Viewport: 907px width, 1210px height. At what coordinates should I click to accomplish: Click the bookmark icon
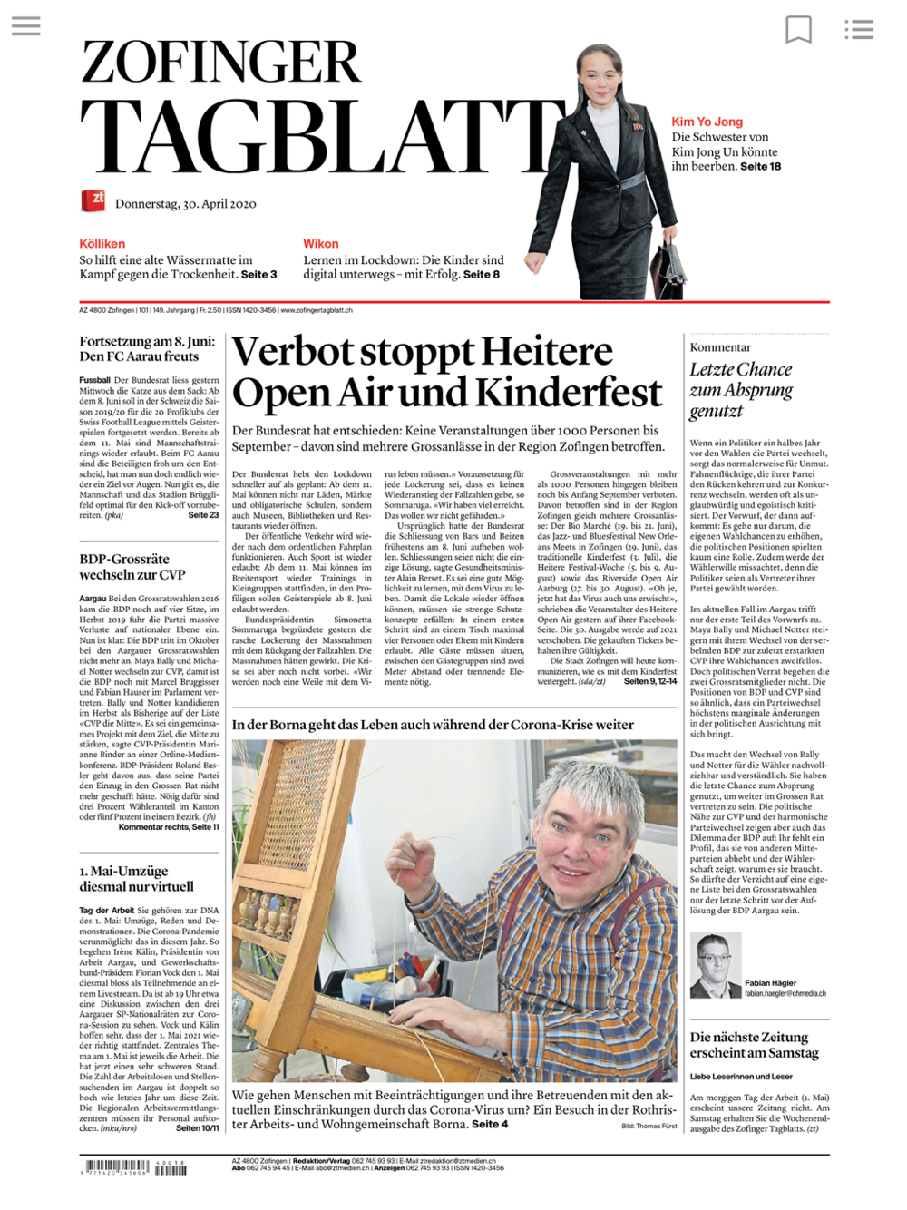click(798, 30)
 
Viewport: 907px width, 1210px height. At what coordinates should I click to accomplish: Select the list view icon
click(858, 30)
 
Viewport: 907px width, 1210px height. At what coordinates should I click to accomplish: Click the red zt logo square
click(93, 200)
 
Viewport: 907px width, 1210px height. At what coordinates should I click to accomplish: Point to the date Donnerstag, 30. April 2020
click(185, 204)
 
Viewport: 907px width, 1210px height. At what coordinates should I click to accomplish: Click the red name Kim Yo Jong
click(707, 122)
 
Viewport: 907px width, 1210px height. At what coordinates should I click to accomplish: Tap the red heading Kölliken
click(102, 243)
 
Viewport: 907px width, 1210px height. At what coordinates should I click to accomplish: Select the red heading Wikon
click(320, 243)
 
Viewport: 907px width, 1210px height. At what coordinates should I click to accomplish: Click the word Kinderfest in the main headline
click(569, 394)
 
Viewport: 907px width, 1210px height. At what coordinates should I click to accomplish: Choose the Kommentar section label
click(720, 347)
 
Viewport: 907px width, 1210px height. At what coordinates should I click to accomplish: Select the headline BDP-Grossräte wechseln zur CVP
click(132, 566)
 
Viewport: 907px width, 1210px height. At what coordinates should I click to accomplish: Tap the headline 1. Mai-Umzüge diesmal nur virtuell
click(136, 878)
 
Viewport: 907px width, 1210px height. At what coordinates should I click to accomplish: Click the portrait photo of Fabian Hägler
click(715, 965)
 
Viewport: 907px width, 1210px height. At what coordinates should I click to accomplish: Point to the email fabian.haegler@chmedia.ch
click(785, 993)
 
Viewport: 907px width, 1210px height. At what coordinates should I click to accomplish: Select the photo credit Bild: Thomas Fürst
click(649, 1126)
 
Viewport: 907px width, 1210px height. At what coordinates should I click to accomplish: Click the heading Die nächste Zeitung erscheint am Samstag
click(755, 1044)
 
